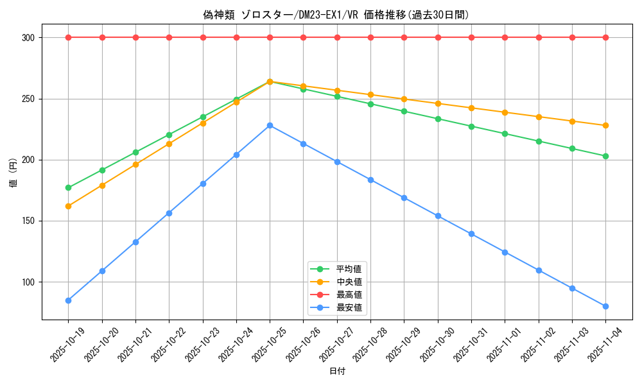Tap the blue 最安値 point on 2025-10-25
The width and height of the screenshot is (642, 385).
[x=270, y=125]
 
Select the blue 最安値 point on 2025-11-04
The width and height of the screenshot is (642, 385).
[x=605, y=306]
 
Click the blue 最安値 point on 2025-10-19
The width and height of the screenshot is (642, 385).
[x=68, y=300]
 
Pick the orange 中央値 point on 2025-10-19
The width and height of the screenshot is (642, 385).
[x=68, y=206]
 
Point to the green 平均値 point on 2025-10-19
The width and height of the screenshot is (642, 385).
[x=68, y=188]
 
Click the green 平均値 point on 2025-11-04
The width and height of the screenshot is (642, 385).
[x=605, y=156]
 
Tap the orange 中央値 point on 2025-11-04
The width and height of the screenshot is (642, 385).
[x=605, y=125]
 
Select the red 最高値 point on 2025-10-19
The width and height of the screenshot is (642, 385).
[x=68, y=37]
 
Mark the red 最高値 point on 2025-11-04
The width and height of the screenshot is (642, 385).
[x=605, y=37]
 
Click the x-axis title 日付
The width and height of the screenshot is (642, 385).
[x=337, y=372]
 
